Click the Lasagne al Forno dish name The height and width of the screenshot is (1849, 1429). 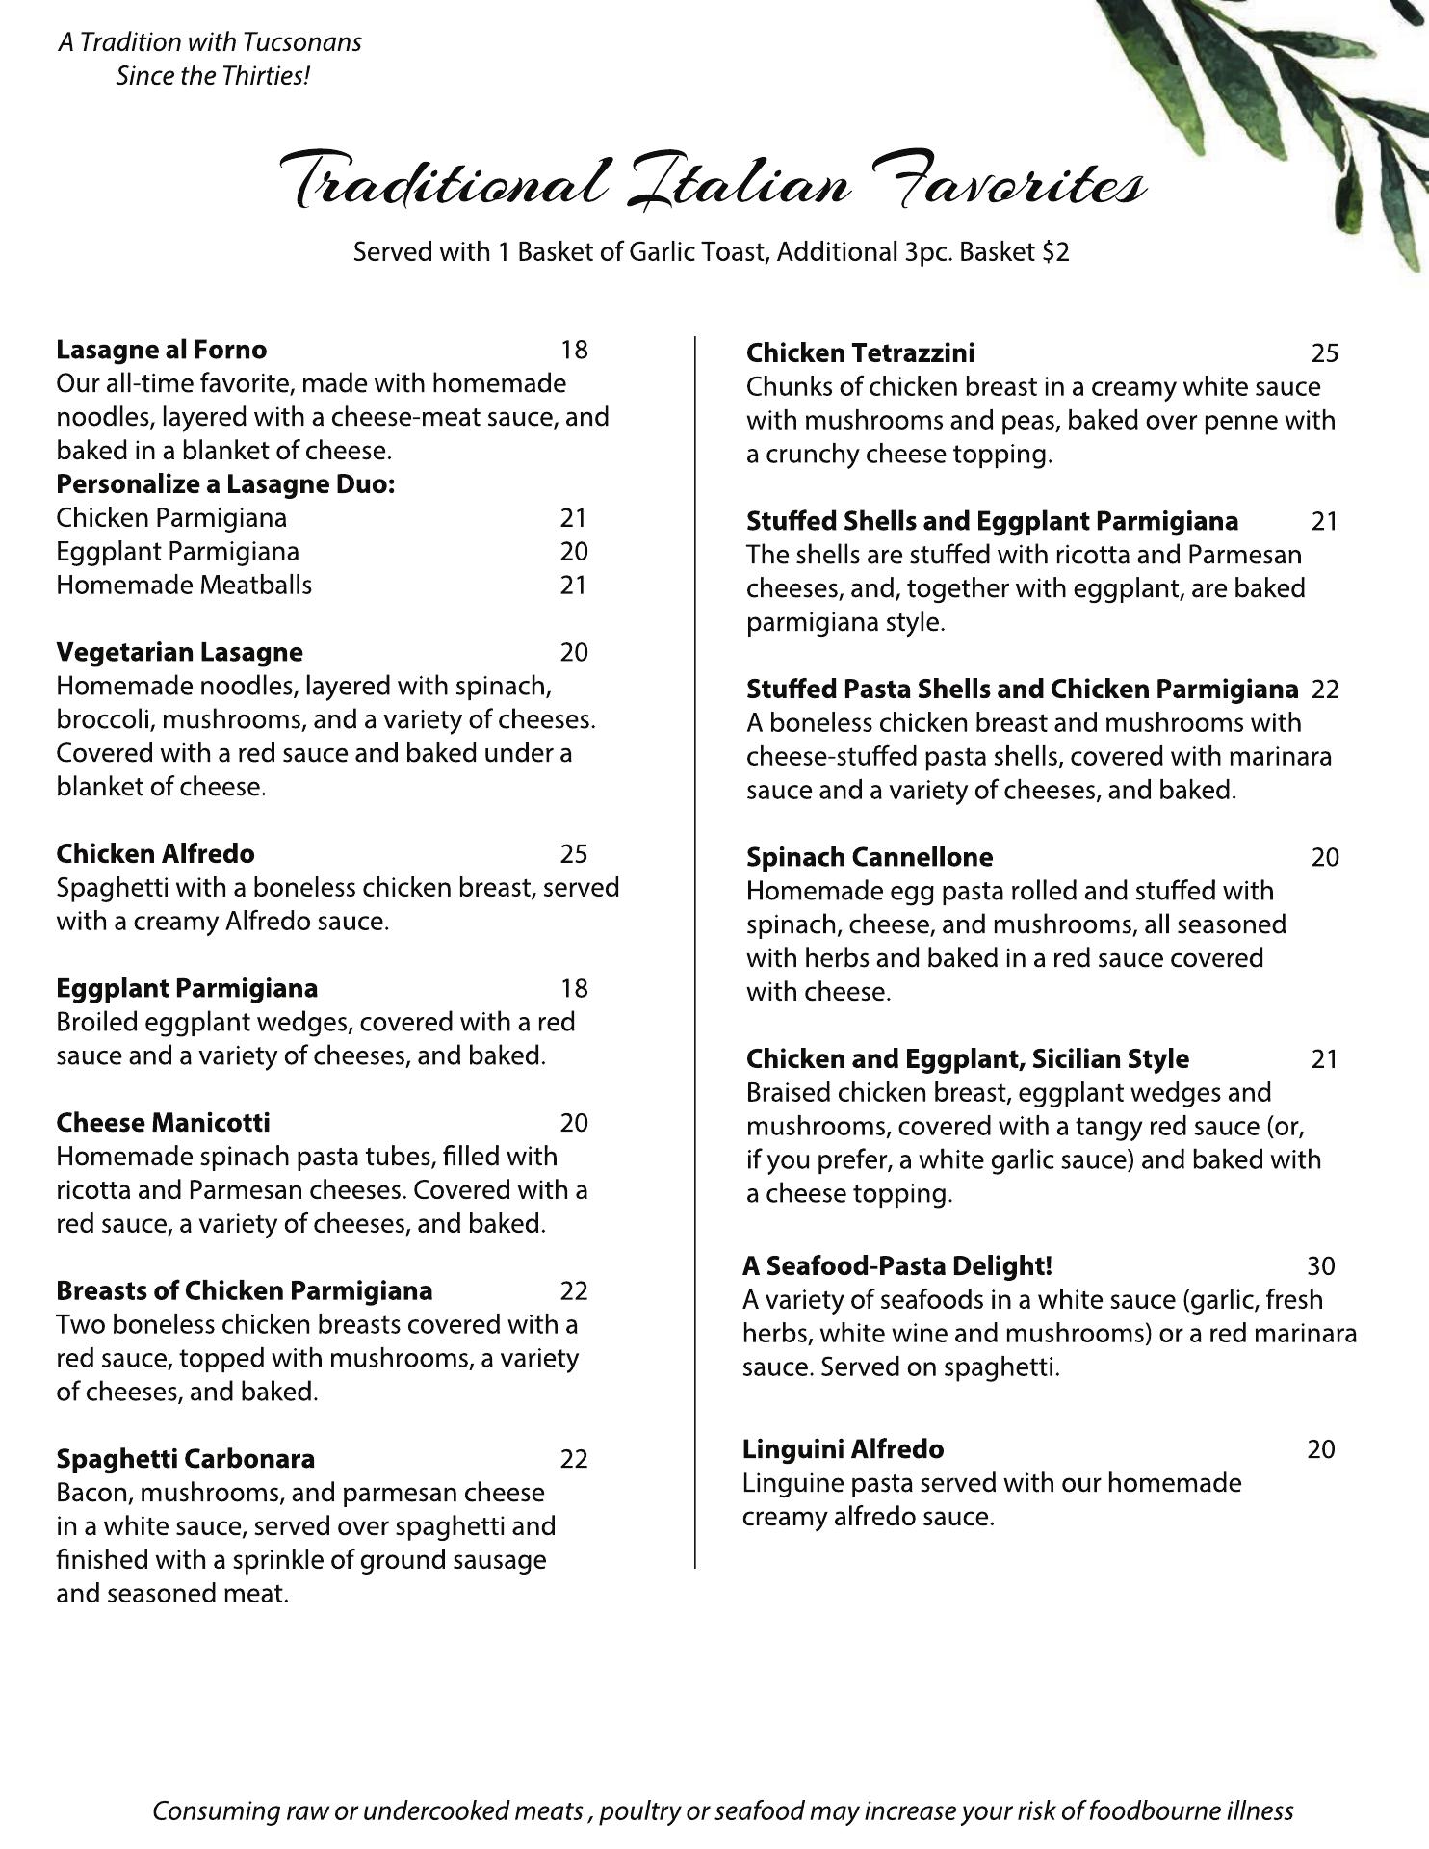(161, 350)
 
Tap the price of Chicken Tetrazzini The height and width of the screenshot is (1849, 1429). (1324, 353)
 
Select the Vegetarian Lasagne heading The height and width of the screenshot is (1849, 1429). (179, 652)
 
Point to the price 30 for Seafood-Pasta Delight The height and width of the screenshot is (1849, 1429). (1321, 1266)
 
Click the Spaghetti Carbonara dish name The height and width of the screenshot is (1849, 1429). (185, 1459)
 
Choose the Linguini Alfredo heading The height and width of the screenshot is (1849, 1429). (843, 1449)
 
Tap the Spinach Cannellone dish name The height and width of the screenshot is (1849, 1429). (869, 857)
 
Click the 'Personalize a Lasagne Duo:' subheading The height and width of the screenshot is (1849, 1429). (225, 483)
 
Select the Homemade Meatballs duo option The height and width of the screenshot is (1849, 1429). (184, 585)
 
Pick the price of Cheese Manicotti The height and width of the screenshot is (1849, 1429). (574, 1123)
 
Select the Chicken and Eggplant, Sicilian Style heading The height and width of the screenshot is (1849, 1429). (967, 1059)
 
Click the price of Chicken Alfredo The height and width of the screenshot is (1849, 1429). (574, 854)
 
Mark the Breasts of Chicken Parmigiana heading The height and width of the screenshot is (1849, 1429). (244, 1290)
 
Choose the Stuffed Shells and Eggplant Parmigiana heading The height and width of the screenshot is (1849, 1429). (992, 521)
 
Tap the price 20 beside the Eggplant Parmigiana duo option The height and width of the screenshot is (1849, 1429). (574, 552)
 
